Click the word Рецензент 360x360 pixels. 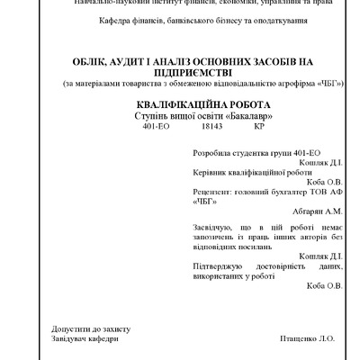[x=212, y=193]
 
